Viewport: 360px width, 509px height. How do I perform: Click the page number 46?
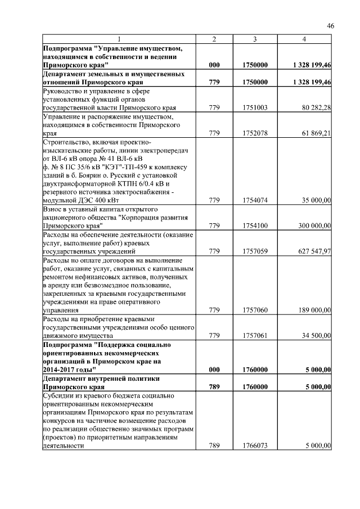pos(331,26)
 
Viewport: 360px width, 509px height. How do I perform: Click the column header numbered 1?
pos(119,39)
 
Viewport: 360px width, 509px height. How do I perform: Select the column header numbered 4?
pos(304,39)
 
